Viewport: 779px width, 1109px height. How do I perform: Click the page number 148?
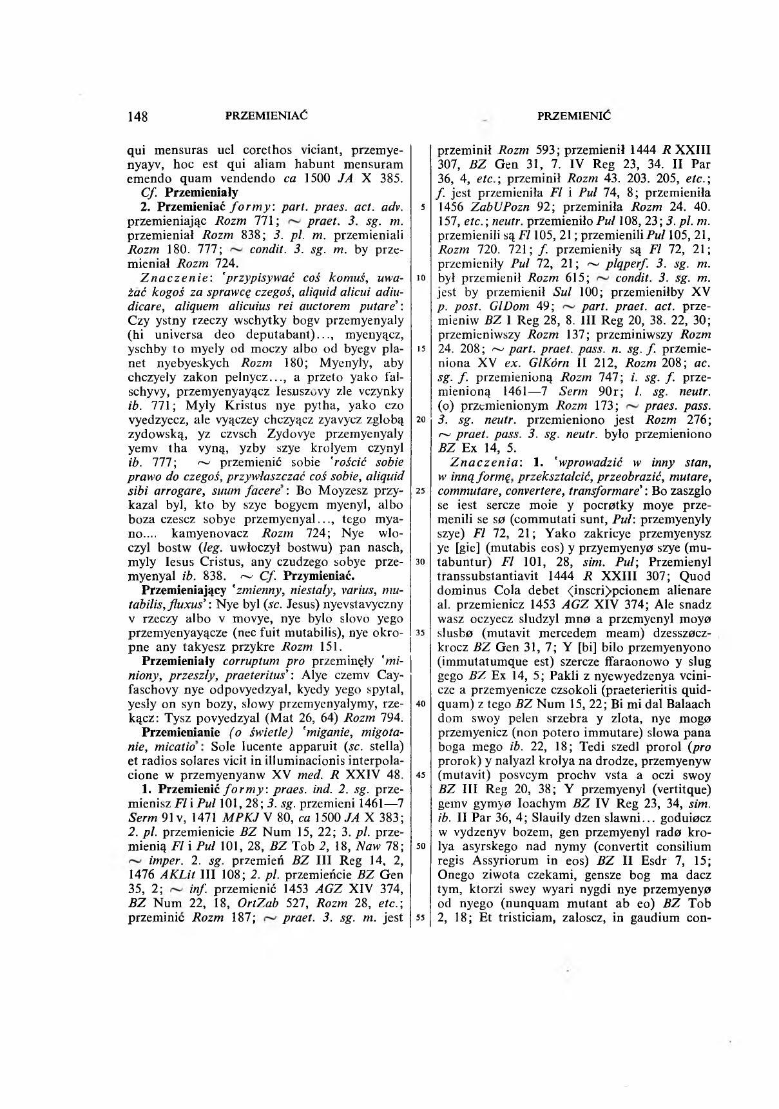138,117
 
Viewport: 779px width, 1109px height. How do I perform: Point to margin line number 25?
419,490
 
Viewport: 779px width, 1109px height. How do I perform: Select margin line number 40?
419,703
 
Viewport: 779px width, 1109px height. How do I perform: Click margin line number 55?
419,918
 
